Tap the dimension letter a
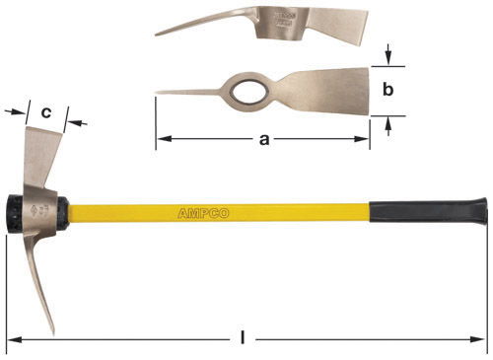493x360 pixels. pos(263,140)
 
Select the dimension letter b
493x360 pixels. pos(388,90)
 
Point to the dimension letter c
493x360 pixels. pos(46,111)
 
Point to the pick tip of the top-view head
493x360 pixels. pos(159,94)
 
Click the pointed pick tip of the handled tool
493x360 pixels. pos(51,329)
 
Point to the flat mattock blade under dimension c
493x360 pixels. pos(41,148)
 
